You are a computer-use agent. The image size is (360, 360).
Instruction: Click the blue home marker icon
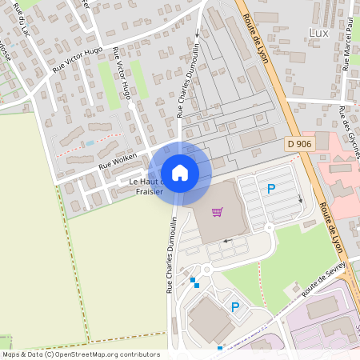tap(180, 173)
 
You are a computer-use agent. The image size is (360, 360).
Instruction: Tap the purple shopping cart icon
tap(216, 212)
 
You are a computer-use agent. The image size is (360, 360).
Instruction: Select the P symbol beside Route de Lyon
tap(270, 189)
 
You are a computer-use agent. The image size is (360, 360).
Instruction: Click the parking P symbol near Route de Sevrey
tap(235, 306)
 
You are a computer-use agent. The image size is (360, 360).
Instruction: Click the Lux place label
tap(318, 32)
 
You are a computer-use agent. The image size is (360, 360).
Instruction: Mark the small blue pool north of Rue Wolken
tap(90, 142)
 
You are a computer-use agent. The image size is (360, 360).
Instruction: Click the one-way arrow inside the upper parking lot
tap(301, 200)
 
